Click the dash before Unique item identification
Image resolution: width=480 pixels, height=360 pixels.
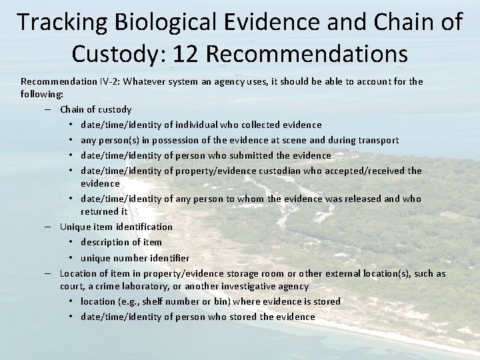(x=49, y=227)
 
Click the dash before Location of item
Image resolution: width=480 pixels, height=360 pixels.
(x=49, y=273)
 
